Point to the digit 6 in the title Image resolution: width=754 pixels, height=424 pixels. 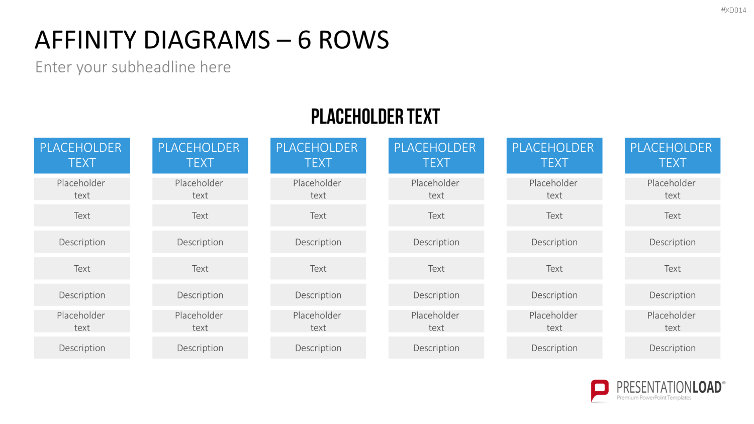(x=304, y=40)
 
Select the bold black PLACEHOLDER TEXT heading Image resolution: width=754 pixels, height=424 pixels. (x=375, y=117)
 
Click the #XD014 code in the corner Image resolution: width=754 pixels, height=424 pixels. (x=733, y=10)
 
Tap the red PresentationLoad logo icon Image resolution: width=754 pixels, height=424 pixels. (x=600, y=390)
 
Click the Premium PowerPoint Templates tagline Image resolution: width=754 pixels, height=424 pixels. (x=653, y=398)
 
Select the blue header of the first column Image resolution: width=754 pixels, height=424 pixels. (x=82, y=155)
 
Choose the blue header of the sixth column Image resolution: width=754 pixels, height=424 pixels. (x=673, y=155)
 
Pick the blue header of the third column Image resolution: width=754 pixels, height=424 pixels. (x=318, y=155)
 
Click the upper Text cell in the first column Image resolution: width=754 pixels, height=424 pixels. (x=82, y=216)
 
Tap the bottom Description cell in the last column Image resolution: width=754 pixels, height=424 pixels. (x=673, y=348)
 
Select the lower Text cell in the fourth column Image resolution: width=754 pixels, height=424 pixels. (x=436, y=268)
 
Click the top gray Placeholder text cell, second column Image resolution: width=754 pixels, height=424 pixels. (x=200, y=189)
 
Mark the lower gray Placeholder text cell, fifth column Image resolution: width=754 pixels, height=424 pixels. (x=554, y=321)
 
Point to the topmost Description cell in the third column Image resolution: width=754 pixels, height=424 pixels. (x=318, y=242)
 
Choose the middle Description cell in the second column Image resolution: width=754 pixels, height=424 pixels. (x=200, y=295)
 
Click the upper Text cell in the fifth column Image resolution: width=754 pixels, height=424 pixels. (x=554, y=216)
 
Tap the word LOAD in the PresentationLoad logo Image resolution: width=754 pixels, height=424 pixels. (x=707, y=387)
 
